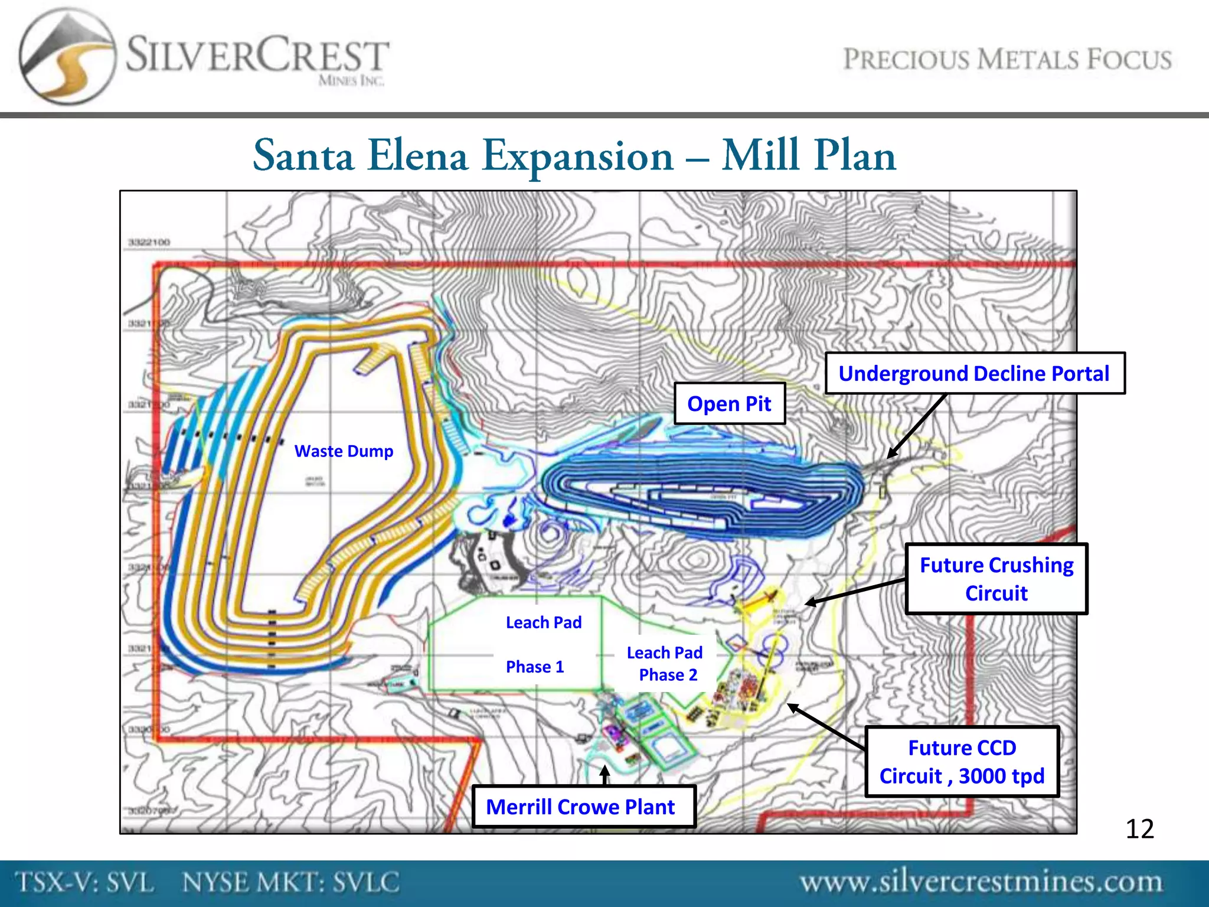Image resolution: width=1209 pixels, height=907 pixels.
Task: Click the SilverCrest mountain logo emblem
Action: tap(66, 57)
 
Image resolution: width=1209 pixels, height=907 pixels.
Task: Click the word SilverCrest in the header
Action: tap(257, 56)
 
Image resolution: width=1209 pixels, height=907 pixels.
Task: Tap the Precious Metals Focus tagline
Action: tap(1007, 60)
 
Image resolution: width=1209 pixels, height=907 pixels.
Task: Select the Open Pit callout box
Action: tap(729, 404)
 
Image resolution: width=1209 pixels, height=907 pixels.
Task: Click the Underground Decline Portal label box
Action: tap(974, 373)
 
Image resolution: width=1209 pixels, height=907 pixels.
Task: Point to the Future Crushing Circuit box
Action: tap(996, 579)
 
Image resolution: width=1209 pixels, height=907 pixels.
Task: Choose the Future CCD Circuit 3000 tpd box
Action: tap(962, 762)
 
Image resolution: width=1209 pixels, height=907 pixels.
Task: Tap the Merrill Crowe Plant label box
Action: tap(583, 807)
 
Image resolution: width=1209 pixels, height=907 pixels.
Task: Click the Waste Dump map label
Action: tap(344, 451)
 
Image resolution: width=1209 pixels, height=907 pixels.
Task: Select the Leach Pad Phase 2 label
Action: tap(666, 664)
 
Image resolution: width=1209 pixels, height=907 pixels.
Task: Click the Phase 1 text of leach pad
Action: tap(535, 667)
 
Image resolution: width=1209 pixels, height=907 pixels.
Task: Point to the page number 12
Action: tap(1139, 829)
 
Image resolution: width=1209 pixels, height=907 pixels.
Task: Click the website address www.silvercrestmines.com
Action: tap(981, 882)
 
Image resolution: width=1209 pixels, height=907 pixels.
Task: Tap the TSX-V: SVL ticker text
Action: tap(84, 882)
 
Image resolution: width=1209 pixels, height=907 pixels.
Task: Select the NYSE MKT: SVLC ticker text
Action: tap(290, 882)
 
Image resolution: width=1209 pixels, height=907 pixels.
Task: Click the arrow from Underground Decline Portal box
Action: tap(917, 426)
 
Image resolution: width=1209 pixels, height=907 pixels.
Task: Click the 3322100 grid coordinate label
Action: tap(149, 243)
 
